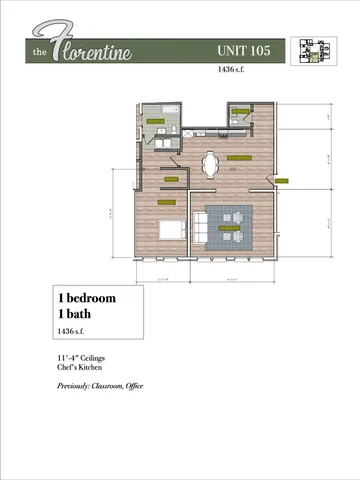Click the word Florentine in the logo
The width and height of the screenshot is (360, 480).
[100, 48]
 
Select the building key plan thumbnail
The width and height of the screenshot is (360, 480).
[310, 51]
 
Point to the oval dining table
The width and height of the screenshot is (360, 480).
[211, 164]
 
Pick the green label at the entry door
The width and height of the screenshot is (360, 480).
[280, 181]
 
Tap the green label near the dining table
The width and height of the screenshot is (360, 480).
[240, 158]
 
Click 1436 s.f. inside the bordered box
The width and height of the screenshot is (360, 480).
[73, 329]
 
